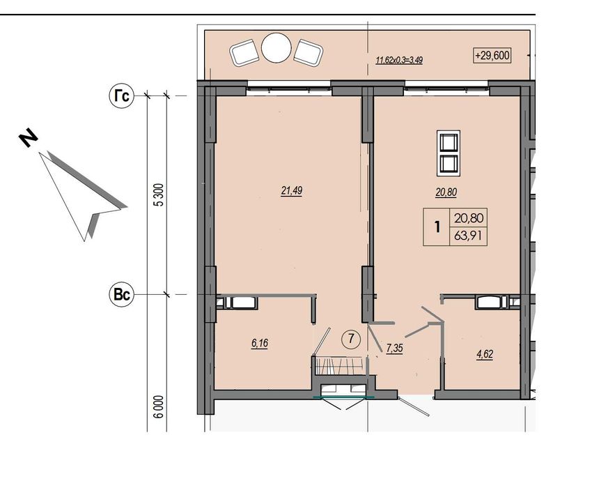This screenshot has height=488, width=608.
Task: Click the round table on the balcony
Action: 276,47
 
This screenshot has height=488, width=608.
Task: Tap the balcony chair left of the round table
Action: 244,52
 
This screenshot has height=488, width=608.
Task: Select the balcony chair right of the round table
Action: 309,52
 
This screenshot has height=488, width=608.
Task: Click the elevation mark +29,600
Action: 492,56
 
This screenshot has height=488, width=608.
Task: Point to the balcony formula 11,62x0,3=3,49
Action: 399,60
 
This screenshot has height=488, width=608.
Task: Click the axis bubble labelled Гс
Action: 122,96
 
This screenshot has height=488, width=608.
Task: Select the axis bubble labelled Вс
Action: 121,294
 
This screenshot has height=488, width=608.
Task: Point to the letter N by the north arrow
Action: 29,138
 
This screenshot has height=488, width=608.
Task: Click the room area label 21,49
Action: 292,190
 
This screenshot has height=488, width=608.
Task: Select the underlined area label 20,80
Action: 446,192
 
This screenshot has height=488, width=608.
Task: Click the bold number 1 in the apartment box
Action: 437,227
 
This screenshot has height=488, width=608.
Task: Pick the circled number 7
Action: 351,340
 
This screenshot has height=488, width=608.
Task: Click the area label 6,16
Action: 259,343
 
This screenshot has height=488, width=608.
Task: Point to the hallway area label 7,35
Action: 394,349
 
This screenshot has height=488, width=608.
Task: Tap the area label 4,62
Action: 485,354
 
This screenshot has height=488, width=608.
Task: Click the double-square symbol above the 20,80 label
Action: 449,153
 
